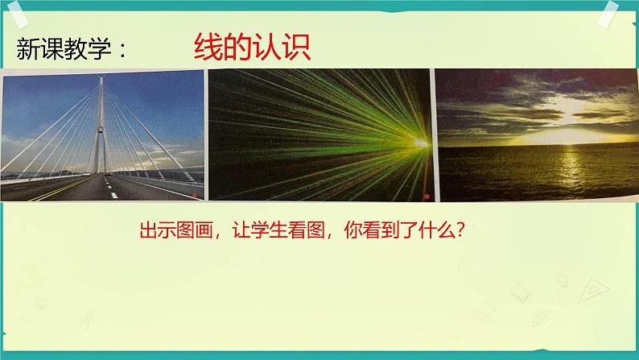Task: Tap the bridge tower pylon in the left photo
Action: pos(101,121)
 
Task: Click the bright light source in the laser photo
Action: pos(420,143)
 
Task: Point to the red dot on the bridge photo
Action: pos(192,193)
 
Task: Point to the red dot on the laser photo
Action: pos(425,195)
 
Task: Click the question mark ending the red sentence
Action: pos(460,230)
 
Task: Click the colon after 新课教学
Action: pos(122,51)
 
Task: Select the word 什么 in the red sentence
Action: pos(435,230)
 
